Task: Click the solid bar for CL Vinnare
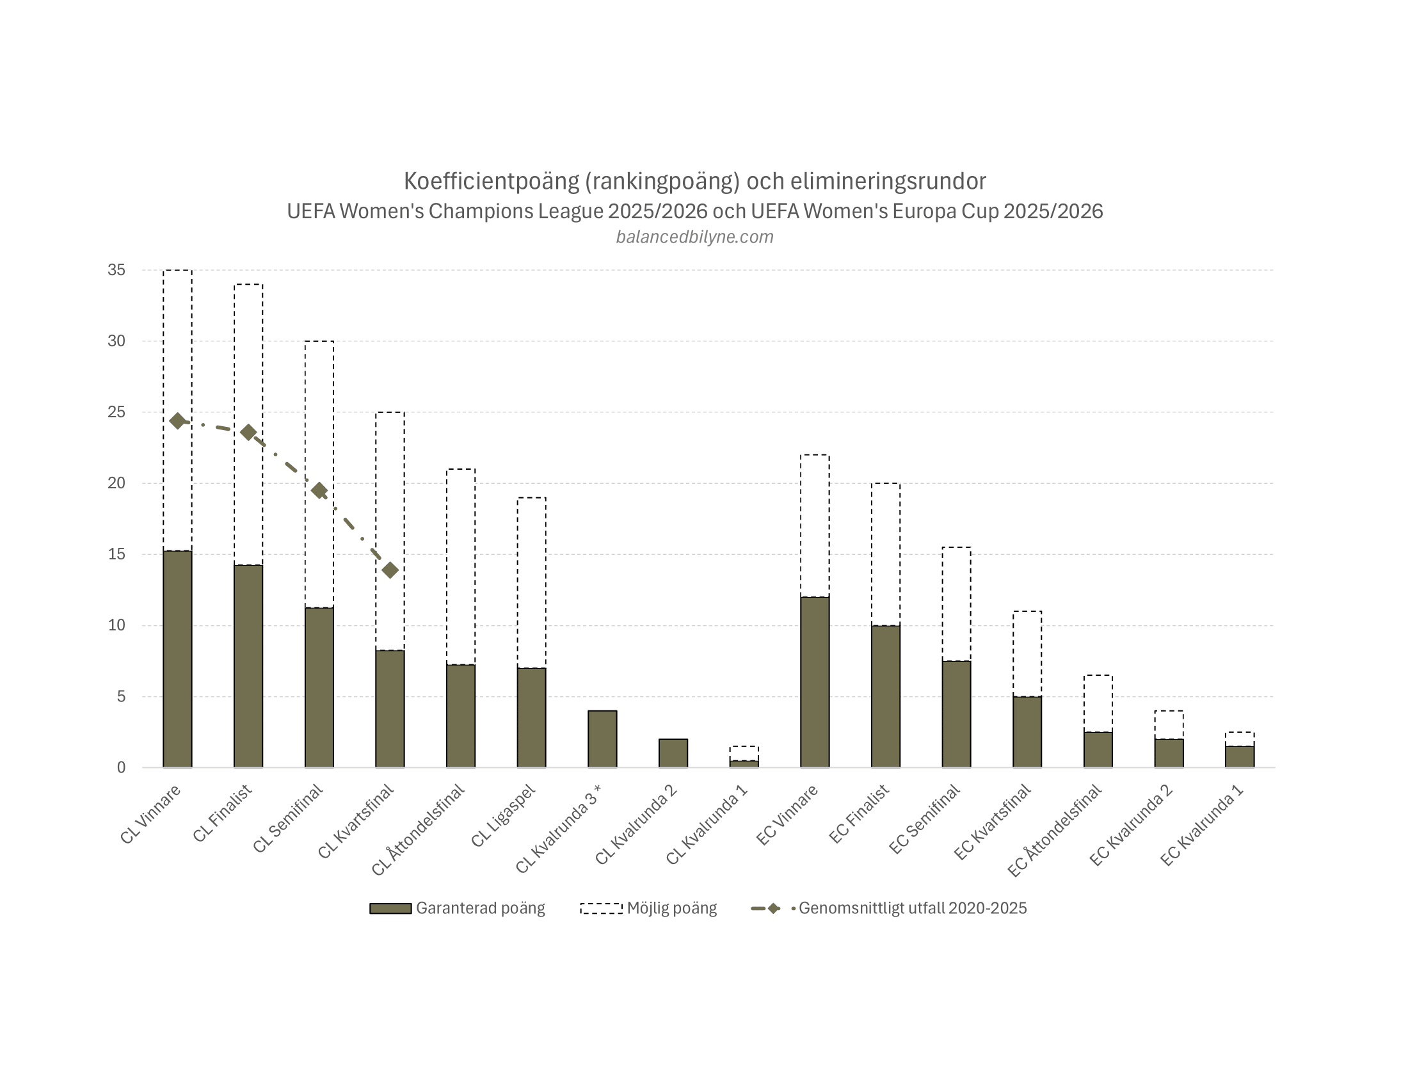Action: tap(177, 659)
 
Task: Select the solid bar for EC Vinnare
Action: tap(815, 682)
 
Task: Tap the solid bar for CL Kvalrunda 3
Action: tap(602, 739)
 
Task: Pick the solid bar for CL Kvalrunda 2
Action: tap(673, 753)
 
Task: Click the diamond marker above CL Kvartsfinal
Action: tap(390, 570)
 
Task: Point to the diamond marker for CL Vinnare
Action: tap(177, 421)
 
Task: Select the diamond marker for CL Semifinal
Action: tap(319, 491)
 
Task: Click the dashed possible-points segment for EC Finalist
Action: tap(886, 554)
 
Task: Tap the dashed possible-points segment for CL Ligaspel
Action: tap(532, 582)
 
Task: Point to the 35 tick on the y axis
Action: tap(116, 270)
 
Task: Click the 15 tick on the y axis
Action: tap(116, 554)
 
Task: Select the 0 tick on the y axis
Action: tap(121, 767)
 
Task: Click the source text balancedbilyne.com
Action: tap(694, 237)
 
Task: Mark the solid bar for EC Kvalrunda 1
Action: tap(1240, 756)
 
